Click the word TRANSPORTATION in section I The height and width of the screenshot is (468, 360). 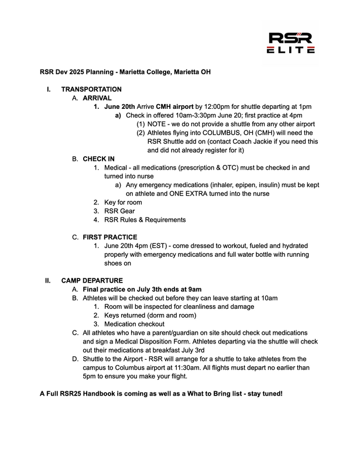(x=91, y=90)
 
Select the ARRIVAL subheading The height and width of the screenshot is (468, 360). (x=97, y=98)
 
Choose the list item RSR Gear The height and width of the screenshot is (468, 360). (x=120, y=211)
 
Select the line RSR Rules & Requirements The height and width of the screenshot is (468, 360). (x=145, y=220)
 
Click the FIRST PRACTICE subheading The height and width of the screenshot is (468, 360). (x=110, y=237)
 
